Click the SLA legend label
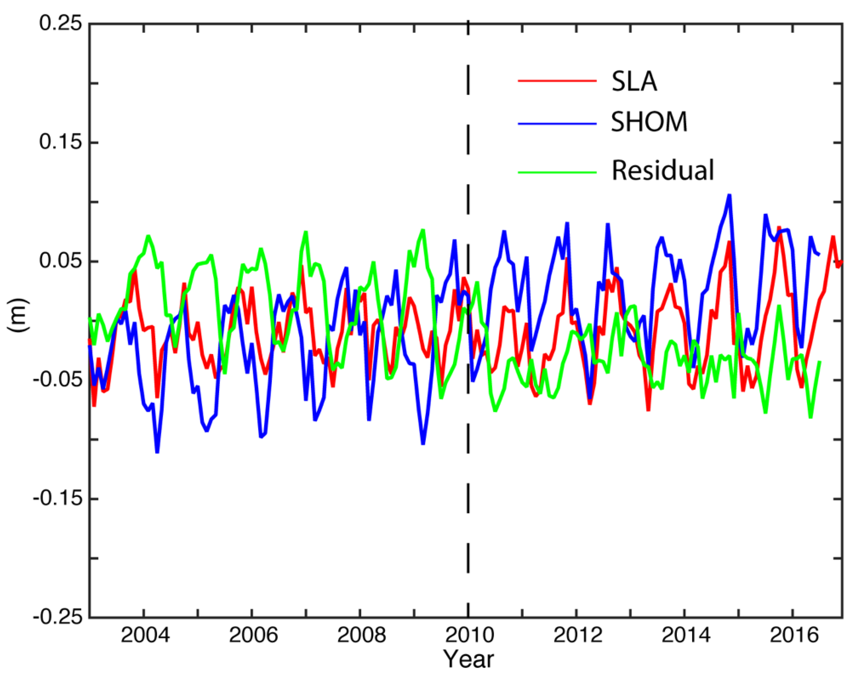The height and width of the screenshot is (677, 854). (634, 82)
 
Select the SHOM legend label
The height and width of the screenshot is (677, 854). (649, 122)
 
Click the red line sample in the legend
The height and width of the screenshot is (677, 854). (557, 81)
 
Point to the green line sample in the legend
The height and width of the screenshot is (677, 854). (557, 172)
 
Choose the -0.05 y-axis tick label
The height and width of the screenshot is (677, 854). (52, 380)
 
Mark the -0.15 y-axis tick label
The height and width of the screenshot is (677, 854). (52, 498)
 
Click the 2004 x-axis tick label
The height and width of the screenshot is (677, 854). (145, 636)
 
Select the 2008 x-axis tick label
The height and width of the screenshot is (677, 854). (361, 636)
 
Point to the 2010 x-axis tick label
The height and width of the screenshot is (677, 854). (469, 636)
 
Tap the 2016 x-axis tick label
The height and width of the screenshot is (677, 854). (793, 636)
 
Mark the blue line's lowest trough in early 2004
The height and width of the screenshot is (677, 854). (157, 452)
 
